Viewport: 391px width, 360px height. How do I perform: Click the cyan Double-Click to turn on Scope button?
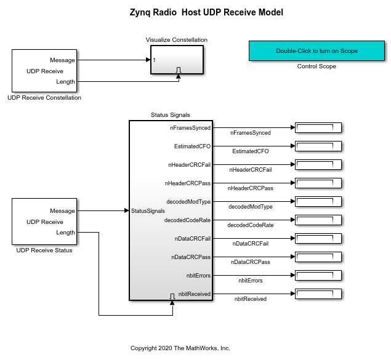pyautogui.click(x=316, y=51)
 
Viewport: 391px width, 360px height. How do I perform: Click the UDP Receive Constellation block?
pyautogui.click(x=44, y=71)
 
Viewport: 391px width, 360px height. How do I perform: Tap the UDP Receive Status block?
pyautogui.click(x=44, y=222)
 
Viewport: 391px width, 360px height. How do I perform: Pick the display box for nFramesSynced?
pyautogui.click(x=318, y=128)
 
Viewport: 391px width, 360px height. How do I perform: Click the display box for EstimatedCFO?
pyautogui.click(x=318, y=146)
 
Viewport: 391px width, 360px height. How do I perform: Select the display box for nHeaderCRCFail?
pyautogui.click(x=318, y=165)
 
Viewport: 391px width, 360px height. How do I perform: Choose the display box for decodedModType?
pyautogui.click(x=318, y=201)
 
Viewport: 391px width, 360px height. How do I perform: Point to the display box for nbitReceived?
pyautogui.click(x=318, y=294)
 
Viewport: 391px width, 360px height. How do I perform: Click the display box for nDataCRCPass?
pyautogui.click(x=318, y=257)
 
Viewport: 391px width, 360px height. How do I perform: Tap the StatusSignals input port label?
pyautogui.click(x=148, y=211)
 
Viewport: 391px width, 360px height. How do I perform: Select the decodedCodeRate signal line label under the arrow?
pyautogui.click(x=251, y=225)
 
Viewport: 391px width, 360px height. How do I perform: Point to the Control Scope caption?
pyautogui.click(x=316, y=66)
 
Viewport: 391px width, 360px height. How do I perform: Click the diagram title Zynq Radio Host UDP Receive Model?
pyautogui.click(x=206, y=12)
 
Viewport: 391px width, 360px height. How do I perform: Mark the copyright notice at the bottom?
pyautogui.click(x=180, y=348)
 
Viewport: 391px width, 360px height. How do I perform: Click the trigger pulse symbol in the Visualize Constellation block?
pyautogui.click(x=179, y=70)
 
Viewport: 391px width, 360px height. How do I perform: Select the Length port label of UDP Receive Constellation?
pyautogui.click(x=65, y=82)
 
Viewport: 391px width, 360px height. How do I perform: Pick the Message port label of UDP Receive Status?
pyautogui.click(x=62, y=211)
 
